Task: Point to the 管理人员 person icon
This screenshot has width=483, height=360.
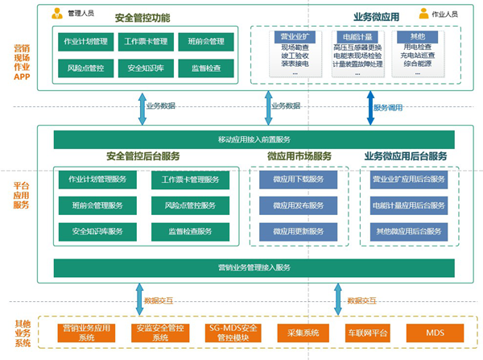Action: [x=57, y=14]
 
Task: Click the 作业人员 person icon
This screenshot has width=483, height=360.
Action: [x=423, y=13]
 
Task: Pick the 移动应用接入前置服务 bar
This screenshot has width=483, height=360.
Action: [x=254, y=140]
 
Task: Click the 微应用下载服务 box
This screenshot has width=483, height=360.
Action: [x=299, y=179]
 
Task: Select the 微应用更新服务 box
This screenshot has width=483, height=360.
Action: [x=299, y=232]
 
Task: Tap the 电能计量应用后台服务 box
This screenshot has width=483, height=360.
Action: [x=408, y=205]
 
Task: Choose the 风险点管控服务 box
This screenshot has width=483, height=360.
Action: [x=191, y=205]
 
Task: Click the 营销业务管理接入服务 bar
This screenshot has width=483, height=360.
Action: [x=254, y=267]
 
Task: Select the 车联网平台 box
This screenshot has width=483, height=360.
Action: [x=367, y=333]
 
